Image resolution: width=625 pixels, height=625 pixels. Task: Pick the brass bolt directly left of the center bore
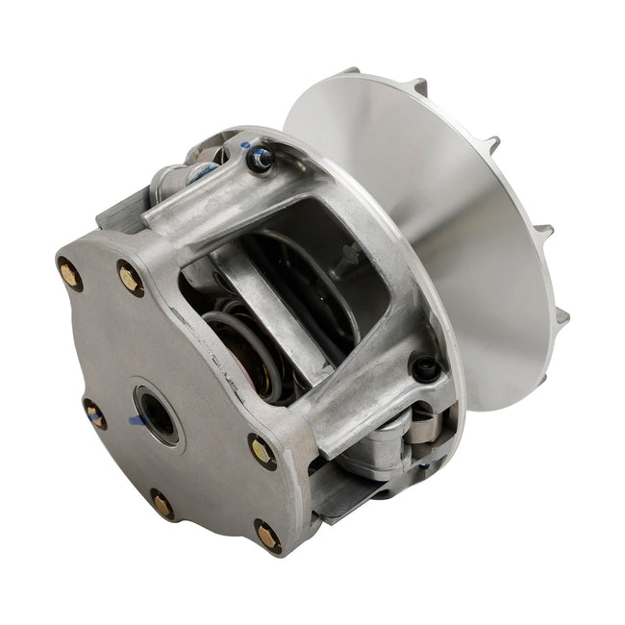(95, 415)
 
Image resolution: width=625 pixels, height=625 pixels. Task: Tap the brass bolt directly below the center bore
(162, 504)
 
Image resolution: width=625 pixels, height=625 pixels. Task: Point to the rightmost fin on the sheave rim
(561, 316)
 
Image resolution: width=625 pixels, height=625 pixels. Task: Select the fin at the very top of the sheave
(350, 72)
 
